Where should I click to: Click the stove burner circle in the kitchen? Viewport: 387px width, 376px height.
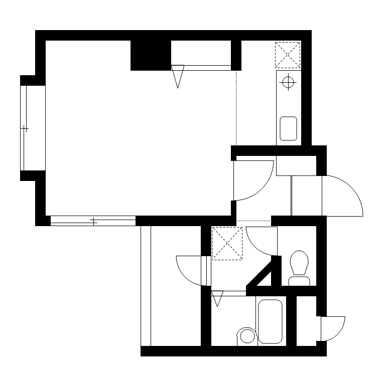(288, 83)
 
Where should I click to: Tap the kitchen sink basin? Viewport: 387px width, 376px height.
(288, 128)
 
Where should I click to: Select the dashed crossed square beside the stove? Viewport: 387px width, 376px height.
(288, 55)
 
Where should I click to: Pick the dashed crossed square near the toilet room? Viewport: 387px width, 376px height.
(227, 244)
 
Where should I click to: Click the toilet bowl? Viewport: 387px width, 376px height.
(300, 263)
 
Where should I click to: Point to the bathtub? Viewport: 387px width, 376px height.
(270, 321)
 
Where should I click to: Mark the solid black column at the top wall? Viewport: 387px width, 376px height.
(151, 55)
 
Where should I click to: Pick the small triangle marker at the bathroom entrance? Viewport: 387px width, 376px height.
(217, 299)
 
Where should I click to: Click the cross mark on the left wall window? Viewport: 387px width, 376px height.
(25, 129)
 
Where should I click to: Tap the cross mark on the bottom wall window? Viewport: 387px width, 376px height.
(93, 221)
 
